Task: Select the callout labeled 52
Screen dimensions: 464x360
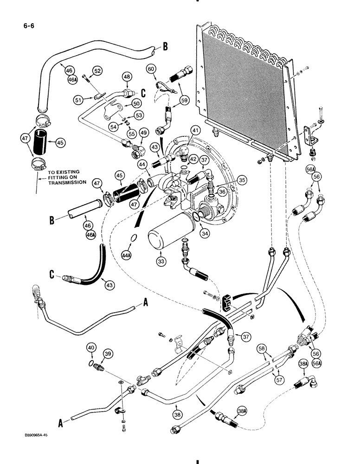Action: pos(97,71)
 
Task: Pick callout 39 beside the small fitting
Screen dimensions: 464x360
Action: pos(108,354)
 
